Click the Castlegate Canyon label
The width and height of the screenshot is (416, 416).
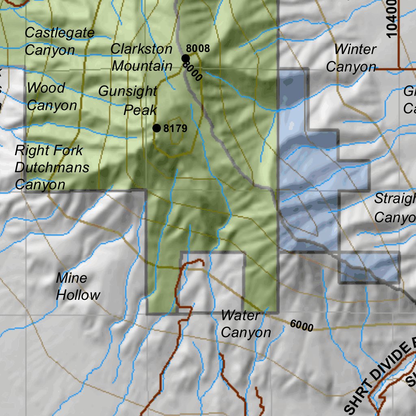tap(59, 41)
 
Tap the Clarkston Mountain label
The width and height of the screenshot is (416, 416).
tap(142, 57)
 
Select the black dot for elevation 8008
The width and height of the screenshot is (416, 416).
tap(185, 58)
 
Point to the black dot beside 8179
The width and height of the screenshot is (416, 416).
tap(156, 128)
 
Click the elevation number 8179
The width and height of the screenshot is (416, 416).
tap(175, 129)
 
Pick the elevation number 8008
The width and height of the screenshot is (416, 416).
tap(198, 49)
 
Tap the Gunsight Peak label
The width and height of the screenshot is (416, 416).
tap(128, 100)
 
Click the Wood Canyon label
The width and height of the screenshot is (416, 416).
tap(52, 96)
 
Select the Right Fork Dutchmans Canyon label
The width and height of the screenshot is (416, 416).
tap(52, 167)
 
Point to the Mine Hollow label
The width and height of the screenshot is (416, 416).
tap(78, 286)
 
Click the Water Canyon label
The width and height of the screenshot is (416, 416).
tap(246, 323)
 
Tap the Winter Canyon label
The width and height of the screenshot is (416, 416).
tap(351, 58)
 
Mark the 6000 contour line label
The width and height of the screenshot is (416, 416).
tap(301, 325)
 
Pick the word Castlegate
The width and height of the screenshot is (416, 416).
tap(59, 32)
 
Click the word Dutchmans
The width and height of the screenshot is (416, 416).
tap(52, 167)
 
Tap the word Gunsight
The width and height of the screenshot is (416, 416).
tap(128, 91)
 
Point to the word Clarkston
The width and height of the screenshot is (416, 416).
tap(142, 49)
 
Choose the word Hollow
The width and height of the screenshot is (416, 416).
tap(78, 295)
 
